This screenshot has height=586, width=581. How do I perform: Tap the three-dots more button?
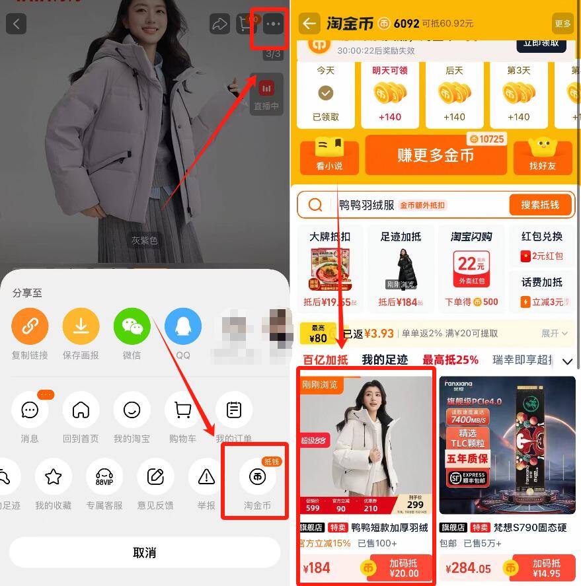tap(272, 24)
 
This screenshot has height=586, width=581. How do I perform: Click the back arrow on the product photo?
tap(17, 24)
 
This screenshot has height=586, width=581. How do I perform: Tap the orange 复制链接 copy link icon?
tap(30, 326)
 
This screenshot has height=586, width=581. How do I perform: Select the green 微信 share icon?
tap(132, 326)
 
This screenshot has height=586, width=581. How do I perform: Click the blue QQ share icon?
tap(183, 326)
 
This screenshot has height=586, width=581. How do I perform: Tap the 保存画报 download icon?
tap(81, 326)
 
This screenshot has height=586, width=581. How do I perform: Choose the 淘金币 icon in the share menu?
tap(257, 477)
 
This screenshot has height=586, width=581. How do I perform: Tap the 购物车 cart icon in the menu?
tap(183, 410)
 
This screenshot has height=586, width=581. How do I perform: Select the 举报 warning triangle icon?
tap(206, 477)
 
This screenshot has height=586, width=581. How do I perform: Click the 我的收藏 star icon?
tap(54, 477)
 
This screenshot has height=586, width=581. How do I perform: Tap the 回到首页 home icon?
tap(81, 410)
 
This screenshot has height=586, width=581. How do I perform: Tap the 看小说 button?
tap(329, 156)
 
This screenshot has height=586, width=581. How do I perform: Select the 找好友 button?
tap(542, 156)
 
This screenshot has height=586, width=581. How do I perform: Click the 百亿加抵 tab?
tap(325, 360)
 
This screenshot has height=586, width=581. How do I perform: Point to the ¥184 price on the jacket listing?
tap(317, 568)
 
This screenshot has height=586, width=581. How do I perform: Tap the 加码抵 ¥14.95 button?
tap(546, 568)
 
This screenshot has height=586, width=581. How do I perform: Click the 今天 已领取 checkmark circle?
tap(326, 93)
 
